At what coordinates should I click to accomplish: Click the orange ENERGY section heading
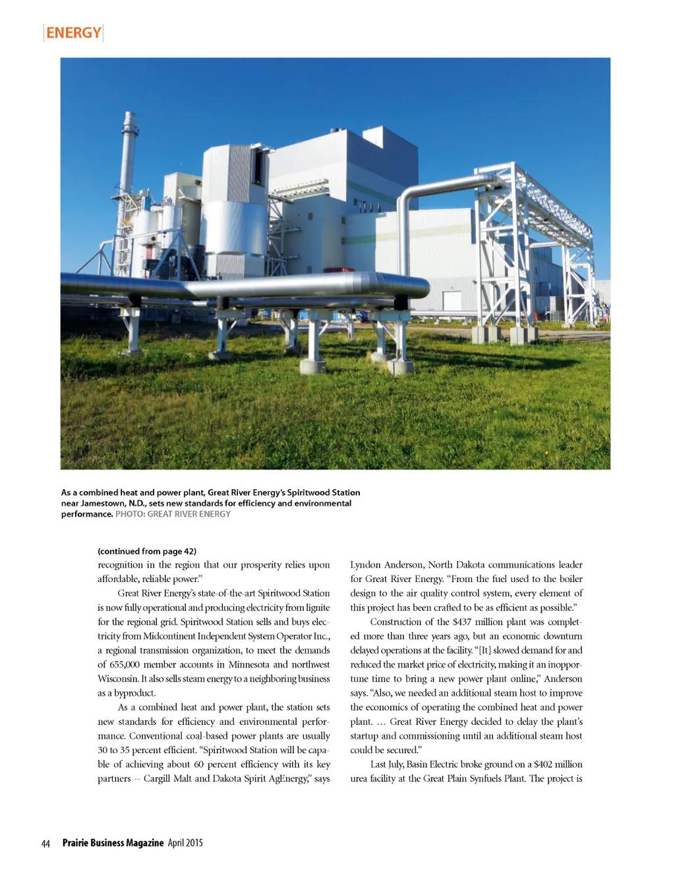(73, 32)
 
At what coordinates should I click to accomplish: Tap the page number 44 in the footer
(45, 843)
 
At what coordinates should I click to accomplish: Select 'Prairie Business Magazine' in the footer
(112, 843)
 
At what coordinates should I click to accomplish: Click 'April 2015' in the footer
(185, 843)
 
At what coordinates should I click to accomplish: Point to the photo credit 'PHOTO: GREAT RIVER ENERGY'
(173, 514)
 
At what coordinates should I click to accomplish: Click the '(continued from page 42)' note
(147, 551)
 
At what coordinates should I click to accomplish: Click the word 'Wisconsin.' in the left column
(117, 679)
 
